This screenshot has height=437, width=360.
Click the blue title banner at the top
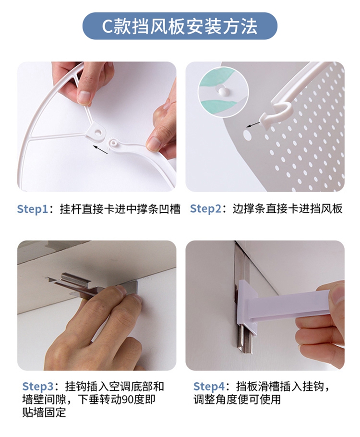(180, 26)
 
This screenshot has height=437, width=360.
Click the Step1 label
(32, 209)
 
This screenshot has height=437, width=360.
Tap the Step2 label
(205, 209)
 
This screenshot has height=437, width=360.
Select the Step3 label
(37, 387)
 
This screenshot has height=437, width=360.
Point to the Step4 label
(209, 387)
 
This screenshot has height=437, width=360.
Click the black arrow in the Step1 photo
(101, 149)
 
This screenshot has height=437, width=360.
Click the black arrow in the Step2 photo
(253, 124)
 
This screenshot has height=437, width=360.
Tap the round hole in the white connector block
(98, 131)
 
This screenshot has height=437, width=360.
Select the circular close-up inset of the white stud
(223, 92)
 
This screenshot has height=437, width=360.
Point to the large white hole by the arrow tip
(247, 135)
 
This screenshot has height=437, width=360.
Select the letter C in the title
(107, 26)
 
